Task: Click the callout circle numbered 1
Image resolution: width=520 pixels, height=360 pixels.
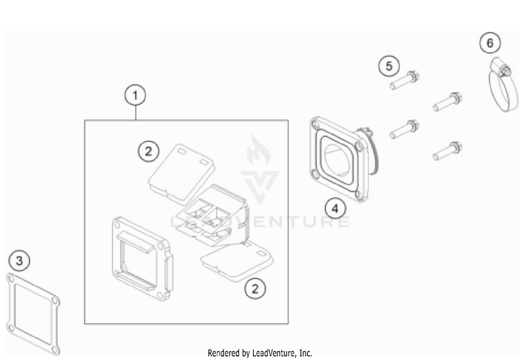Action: tap(135, 96)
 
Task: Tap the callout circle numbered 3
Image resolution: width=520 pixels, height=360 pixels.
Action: tap(19, 260)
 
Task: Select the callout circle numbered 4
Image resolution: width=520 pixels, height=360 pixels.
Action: tap(336, 208)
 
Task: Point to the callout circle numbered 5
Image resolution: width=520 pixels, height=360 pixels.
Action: tap(389, 66)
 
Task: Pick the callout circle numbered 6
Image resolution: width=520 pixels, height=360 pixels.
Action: tap(489, 43)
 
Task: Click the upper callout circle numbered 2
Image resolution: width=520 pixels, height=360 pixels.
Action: tap(148, 151)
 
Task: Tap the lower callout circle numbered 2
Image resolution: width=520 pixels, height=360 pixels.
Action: tap(255, 289)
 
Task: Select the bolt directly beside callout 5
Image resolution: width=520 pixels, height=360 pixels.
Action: tap(404, 80)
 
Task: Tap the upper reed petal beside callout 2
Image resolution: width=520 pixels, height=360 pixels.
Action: tap(181, 173)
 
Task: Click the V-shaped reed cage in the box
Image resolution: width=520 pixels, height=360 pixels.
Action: tap(212, 216)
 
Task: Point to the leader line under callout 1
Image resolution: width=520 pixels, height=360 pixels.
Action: tap(136, 113)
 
